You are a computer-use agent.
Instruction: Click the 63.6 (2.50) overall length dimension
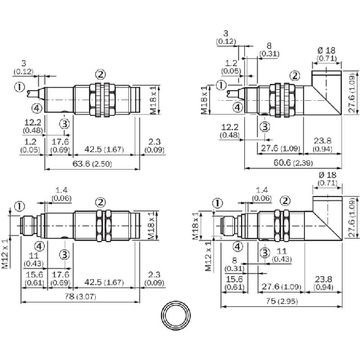click(x=92, y=164)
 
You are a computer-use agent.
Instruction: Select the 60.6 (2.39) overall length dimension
click(x=293, y=163)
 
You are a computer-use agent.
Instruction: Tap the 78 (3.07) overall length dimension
click(x=80, y=296)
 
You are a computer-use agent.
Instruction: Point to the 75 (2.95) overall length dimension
click(x=282, y=301)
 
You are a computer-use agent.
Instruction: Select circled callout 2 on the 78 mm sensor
click(x=100, y=202)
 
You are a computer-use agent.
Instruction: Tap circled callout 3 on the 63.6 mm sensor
click(x=64, y=124)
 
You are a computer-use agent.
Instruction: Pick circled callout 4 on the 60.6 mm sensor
click(x=238, y=107)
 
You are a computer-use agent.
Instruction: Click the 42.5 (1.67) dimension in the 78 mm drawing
click(x=104, y=282)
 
